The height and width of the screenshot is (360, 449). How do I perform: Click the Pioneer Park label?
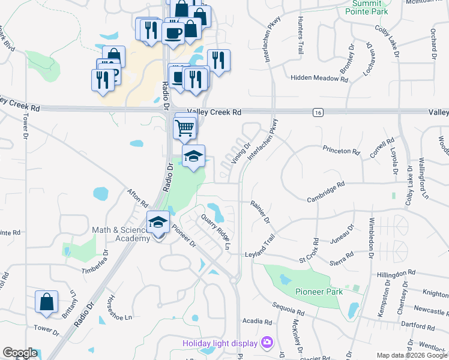click(x=319, y=292)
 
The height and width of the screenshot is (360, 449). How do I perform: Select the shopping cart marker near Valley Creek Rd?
click(x=185, y=127)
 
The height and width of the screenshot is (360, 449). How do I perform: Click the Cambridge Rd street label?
click(x=326, y=192)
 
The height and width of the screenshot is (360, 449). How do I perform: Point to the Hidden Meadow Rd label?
click(x=319, y=78)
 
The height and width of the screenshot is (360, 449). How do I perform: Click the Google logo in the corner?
click(x=19, y=353)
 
